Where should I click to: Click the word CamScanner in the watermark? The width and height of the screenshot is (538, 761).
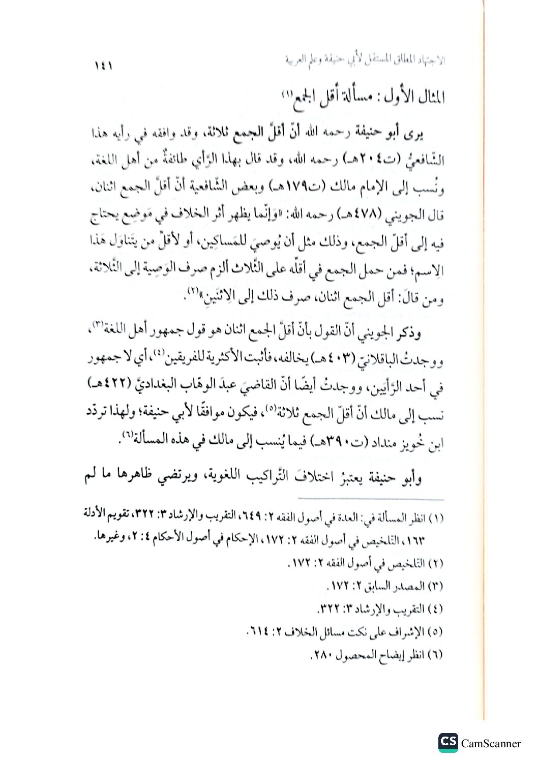coord(491,743)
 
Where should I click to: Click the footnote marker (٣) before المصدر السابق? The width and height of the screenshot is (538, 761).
coord(436,586)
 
